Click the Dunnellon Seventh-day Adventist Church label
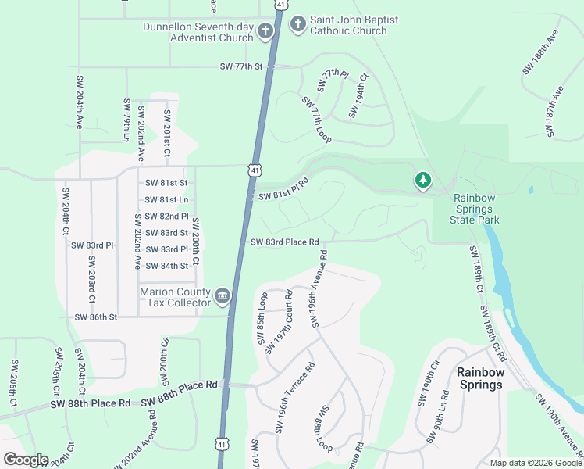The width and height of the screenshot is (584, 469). point(198,32)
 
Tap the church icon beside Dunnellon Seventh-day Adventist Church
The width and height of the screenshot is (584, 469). point(265,32)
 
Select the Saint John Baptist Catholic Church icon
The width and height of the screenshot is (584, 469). point(297,25)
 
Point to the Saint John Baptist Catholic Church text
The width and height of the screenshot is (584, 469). point(348,26)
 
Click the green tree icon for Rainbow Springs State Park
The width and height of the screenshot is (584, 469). point(423,181)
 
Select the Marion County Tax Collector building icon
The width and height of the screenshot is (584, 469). point(223,295)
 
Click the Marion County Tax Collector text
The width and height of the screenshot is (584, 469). point(176,297)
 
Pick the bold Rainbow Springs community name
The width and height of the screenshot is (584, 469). point(480,378)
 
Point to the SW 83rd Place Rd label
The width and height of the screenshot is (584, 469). point(285,242)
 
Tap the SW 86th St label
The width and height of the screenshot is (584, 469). point(95,317)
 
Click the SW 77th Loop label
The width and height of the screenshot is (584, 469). point(316,120)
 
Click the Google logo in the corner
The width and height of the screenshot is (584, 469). point(26,460)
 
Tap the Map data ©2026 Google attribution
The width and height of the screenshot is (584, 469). point(535,463)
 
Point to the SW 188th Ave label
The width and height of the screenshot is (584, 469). point(532,53)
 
